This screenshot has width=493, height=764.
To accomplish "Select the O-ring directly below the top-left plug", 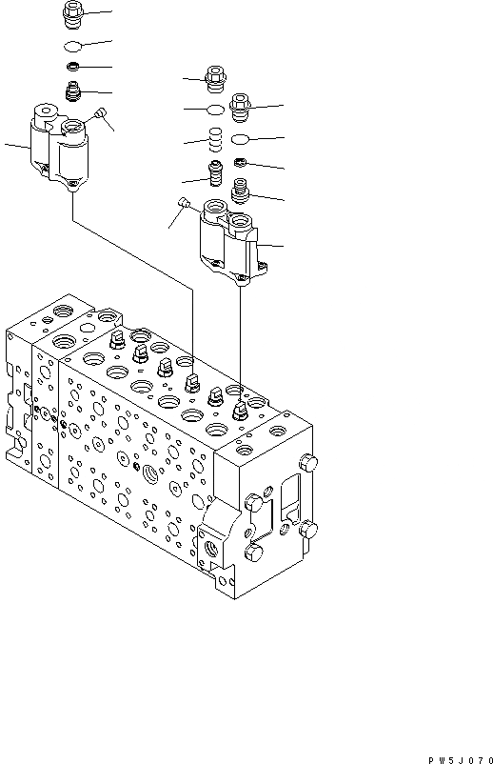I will (74, 46).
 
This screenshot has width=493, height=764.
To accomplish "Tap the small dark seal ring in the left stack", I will (74, 67).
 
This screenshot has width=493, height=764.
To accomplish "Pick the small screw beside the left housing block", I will (99, 115).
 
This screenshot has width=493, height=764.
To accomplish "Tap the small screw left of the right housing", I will (185, 201).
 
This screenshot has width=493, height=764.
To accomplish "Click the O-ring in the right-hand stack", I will (241, 139).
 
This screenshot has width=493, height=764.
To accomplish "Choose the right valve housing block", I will (231, 244).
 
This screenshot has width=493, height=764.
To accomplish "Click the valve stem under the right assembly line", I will (241, 411).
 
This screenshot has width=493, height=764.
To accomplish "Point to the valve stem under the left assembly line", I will (191, 380).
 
